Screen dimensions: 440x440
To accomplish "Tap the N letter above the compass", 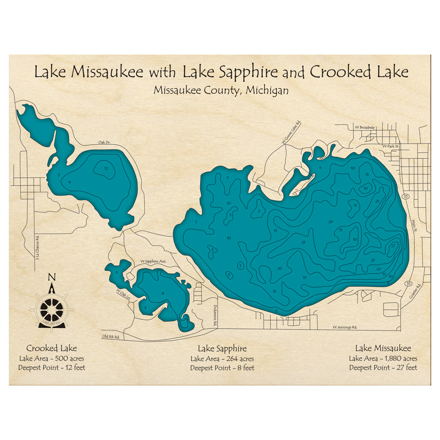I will click(52, 277).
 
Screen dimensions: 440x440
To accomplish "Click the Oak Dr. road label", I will click(104, 143).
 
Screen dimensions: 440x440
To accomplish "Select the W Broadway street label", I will click(365, 127).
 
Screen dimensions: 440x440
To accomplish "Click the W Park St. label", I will click(390, 146).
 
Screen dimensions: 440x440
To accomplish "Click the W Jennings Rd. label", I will click(345, 327).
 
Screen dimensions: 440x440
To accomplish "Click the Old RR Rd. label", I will click(111, 337).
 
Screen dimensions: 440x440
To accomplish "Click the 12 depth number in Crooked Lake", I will click(106, 169).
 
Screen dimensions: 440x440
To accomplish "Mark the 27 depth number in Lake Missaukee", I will click(393, 245).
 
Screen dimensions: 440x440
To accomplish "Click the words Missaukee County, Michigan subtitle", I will click(221, 90).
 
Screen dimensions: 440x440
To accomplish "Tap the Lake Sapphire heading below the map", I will click(222, 349).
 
